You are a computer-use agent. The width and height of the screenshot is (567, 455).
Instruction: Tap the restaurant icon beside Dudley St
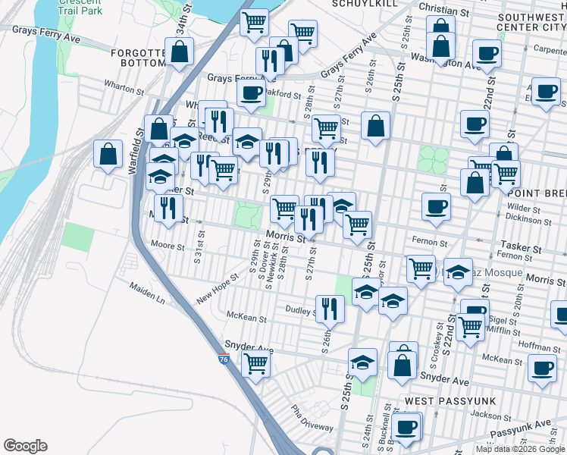point(330,307)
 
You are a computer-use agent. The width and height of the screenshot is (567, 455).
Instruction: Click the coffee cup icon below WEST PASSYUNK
point(406,425)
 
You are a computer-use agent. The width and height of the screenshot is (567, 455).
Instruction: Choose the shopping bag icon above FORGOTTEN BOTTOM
point(180,52)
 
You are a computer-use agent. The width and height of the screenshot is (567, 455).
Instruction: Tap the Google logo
point(25,446)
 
